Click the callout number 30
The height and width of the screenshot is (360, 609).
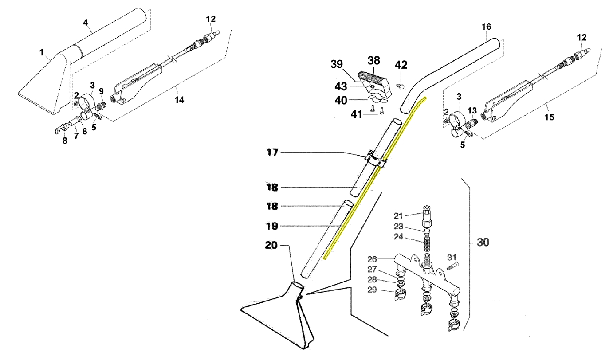point(483,243)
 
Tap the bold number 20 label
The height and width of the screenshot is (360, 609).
point(271,245)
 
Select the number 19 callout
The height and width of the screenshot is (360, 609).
point(272,226)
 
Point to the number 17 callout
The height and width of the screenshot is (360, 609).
point(272,153)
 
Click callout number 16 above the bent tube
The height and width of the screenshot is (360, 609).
point(487,27)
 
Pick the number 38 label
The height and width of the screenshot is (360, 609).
point(373,60)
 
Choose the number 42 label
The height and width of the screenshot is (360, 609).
point(401,65)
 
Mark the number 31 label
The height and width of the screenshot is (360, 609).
point(452,257)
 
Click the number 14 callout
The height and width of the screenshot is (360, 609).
point(179,100)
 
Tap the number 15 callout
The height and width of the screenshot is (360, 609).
point(549,117)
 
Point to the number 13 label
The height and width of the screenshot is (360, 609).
point(472,110)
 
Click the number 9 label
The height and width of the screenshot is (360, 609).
point(101,91)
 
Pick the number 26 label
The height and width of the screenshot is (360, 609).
point(372,259)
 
